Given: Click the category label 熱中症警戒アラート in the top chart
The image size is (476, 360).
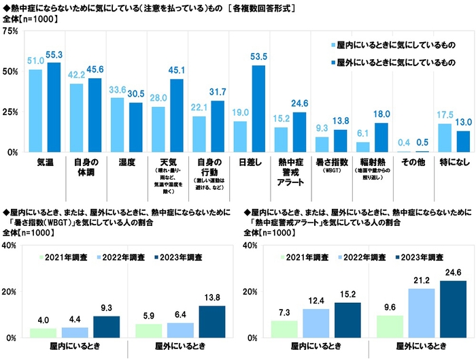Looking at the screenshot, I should click(x=289, y=169).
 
